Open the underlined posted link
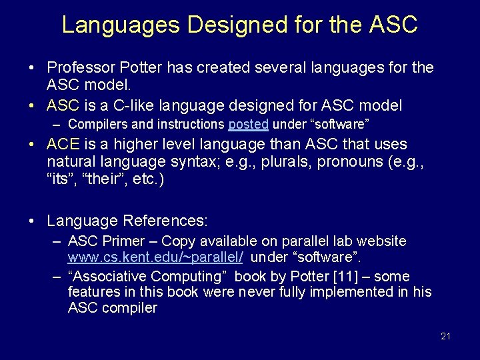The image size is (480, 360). click(248, 124)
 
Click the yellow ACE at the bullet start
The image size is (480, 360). click(63, 144)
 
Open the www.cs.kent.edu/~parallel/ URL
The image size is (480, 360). click(155, 257)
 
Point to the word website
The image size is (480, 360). click(383, 241)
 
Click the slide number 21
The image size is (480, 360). click(445, 336)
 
